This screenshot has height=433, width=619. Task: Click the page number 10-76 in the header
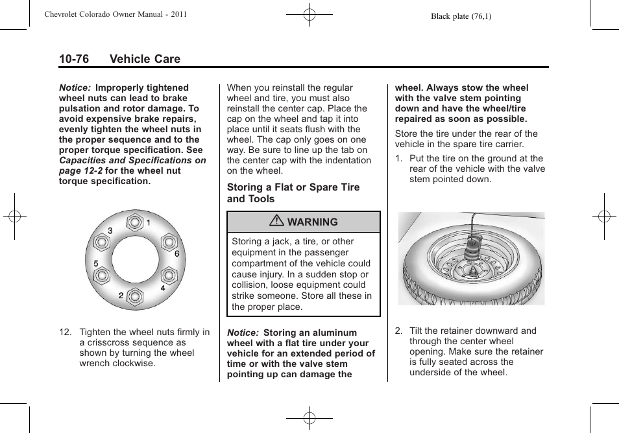74,59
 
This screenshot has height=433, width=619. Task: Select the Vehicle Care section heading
145,59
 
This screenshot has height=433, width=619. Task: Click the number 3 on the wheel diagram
110,231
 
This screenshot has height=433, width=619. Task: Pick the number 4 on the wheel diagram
163,288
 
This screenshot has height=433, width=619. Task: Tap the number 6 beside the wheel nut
176,254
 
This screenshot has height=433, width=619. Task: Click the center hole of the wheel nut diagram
135,259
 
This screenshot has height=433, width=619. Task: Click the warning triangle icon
277,222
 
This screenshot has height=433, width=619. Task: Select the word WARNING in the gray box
312,222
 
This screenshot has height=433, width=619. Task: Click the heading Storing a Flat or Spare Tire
293,187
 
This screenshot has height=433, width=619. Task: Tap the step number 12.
66,333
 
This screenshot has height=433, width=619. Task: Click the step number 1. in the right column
398,159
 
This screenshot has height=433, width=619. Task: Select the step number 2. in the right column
398,331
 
